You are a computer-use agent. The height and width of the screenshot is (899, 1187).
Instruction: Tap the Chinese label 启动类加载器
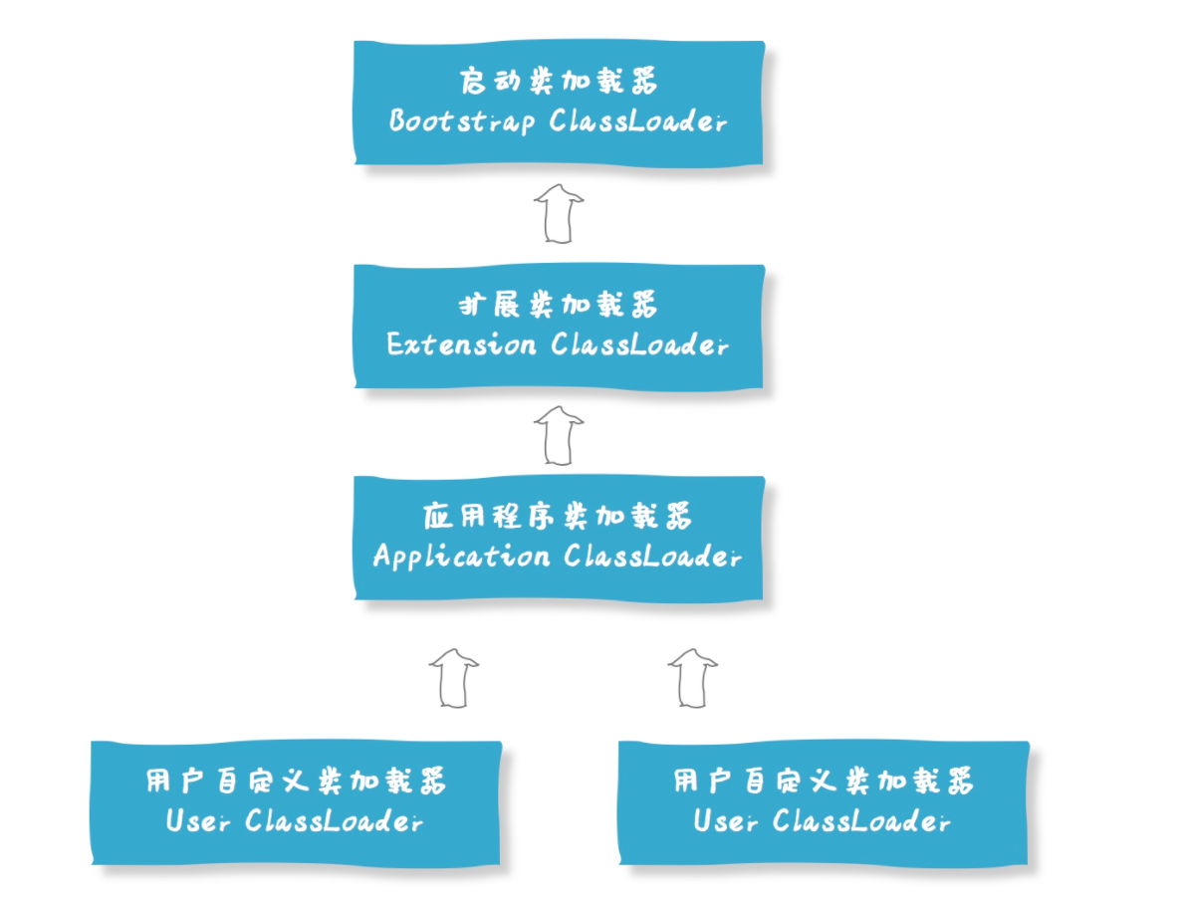click(558, 81)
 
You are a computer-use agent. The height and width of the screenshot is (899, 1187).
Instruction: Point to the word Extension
click(461, 344)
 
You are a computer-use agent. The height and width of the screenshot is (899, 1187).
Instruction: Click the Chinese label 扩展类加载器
click(558, 304)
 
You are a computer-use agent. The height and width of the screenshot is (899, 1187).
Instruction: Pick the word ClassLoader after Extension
click(637, 344)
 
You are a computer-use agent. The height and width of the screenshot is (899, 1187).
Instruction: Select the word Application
click(461, 556)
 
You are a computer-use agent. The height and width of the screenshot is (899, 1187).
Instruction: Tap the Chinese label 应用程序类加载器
click(558, 515)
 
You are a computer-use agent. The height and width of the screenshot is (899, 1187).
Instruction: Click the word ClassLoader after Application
click(652, 556)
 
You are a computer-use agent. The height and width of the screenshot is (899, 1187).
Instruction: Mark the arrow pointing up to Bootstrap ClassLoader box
click(559, 213)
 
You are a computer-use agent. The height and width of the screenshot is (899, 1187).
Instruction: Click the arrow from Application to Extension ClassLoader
click(559, 435)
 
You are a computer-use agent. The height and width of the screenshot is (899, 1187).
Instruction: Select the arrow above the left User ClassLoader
click(454, 678)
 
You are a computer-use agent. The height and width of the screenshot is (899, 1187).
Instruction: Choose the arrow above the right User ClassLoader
click(693, 678)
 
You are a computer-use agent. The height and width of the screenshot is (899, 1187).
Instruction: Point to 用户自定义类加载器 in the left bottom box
click(296, 781)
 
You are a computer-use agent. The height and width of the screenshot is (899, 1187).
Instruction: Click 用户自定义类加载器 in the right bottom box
click(824, 781)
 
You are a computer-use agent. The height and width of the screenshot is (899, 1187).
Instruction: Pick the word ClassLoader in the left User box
click(334, 821)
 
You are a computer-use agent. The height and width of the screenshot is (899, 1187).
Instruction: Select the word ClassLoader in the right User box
click(861, 821)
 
